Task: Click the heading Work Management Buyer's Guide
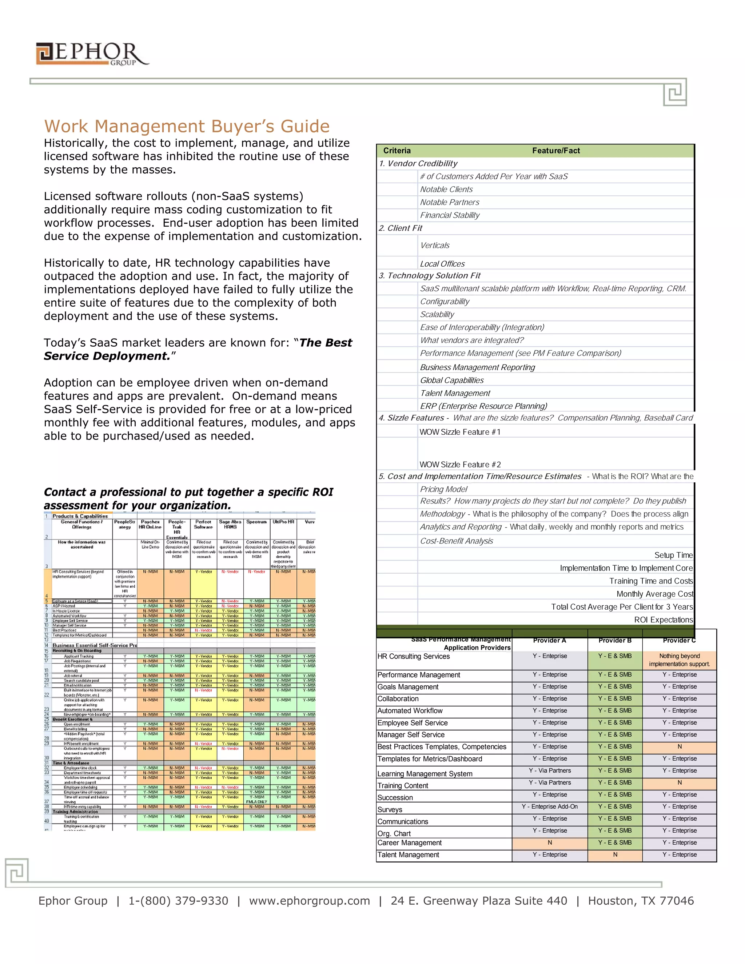point(187,126)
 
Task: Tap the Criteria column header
point(397,151)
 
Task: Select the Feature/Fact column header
point(556,151)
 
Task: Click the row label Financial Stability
point(449,215)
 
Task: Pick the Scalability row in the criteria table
point(437,314)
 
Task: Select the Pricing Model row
point(443,489)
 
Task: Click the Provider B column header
point(615,641)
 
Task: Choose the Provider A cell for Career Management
point(550,842)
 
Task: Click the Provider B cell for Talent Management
point(615,855)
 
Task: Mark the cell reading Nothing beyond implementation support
point(679,660)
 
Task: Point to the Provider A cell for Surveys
point(550,806)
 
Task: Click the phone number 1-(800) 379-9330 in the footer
point(178,901)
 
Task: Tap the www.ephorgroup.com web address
point(310,901)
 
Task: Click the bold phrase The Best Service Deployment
point(198,349)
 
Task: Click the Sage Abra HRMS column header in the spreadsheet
point(230,524)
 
